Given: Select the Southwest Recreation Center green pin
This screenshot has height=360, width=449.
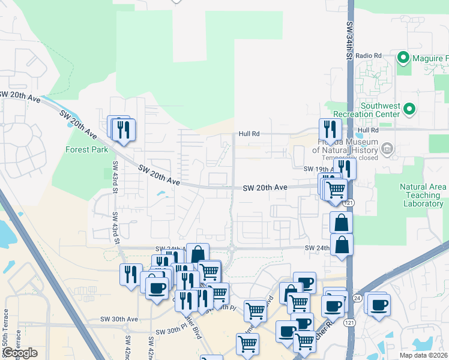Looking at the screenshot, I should (409, 109).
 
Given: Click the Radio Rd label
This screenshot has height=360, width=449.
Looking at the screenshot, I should (369, 56).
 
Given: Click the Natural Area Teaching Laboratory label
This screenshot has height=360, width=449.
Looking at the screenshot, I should (423, 196).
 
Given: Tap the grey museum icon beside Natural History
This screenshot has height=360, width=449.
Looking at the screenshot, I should (387, 148).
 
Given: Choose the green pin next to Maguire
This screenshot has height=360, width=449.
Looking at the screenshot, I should (403, 58).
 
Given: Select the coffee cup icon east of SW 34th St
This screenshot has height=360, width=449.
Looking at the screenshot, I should (379, 304).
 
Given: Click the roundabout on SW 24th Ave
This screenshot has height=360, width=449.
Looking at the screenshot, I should (232, 248).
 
